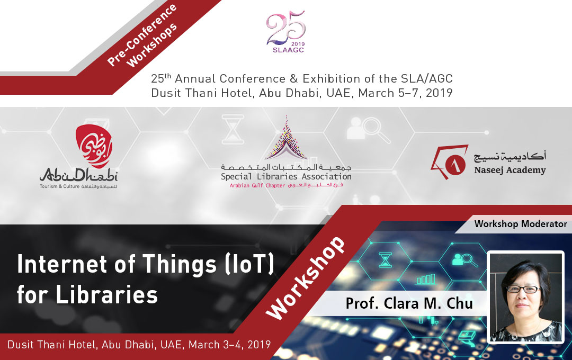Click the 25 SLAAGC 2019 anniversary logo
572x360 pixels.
coord(286,32)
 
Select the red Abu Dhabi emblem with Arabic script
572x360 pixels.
coord(94,146)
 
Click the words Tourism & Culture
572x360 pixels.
coord(59,186)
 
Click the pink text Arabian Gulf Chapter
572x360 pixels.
coord(257,186)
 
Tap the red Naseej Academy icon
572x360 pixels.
coord(450,161)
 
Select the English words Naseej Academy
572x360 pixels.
coord(510,170)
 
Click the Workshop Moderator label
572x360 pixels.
coord(521,224)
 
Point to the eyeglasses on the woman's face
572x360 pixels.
coord(523,289)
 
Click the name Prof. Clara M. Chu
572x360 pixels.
coord(409,303)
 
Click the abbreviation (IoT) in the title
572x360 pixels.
coord(249,264)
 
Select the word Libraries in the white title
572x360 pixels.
coord(106,295)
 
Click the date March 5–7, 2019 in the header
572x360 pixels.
coord(405,93)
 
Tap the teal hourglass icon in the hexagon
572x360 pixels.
coord(385,260)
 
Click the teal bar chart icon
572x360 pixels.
coord(426,280)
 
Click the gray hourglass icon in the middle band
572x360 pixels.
coord(233,130)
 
